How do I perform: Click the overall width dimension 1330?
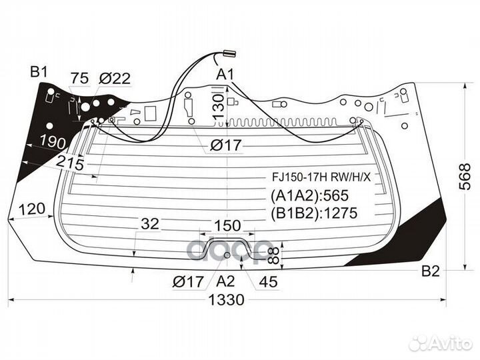(226, 300)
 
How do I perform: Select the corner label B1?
(39, 73)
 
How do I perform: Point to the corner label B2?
(431, 271)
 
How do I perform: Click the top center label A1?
(225, 75)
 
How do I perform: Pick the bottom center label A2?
(225, 281)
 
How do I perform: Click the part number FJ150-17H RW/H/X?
(321, 177)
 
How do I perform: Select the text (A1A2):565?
(309, 195)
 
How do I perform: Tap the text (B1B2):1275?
(314, 213)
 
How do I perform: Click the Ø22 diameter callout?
(115, 79)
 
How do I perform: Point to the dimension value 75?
(79, 78)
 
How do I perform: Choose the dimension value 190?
(53, 143)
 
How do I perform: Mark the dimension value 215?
(70, 163)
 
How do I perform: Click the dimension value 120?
(32, 209)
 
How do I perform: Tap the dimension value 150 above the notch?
(227, 226)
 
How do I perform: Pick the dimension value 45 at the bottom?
(268, 282)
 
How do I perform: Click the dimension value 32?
(150, 224)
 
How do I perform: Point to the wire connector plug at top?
(229, 53)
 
